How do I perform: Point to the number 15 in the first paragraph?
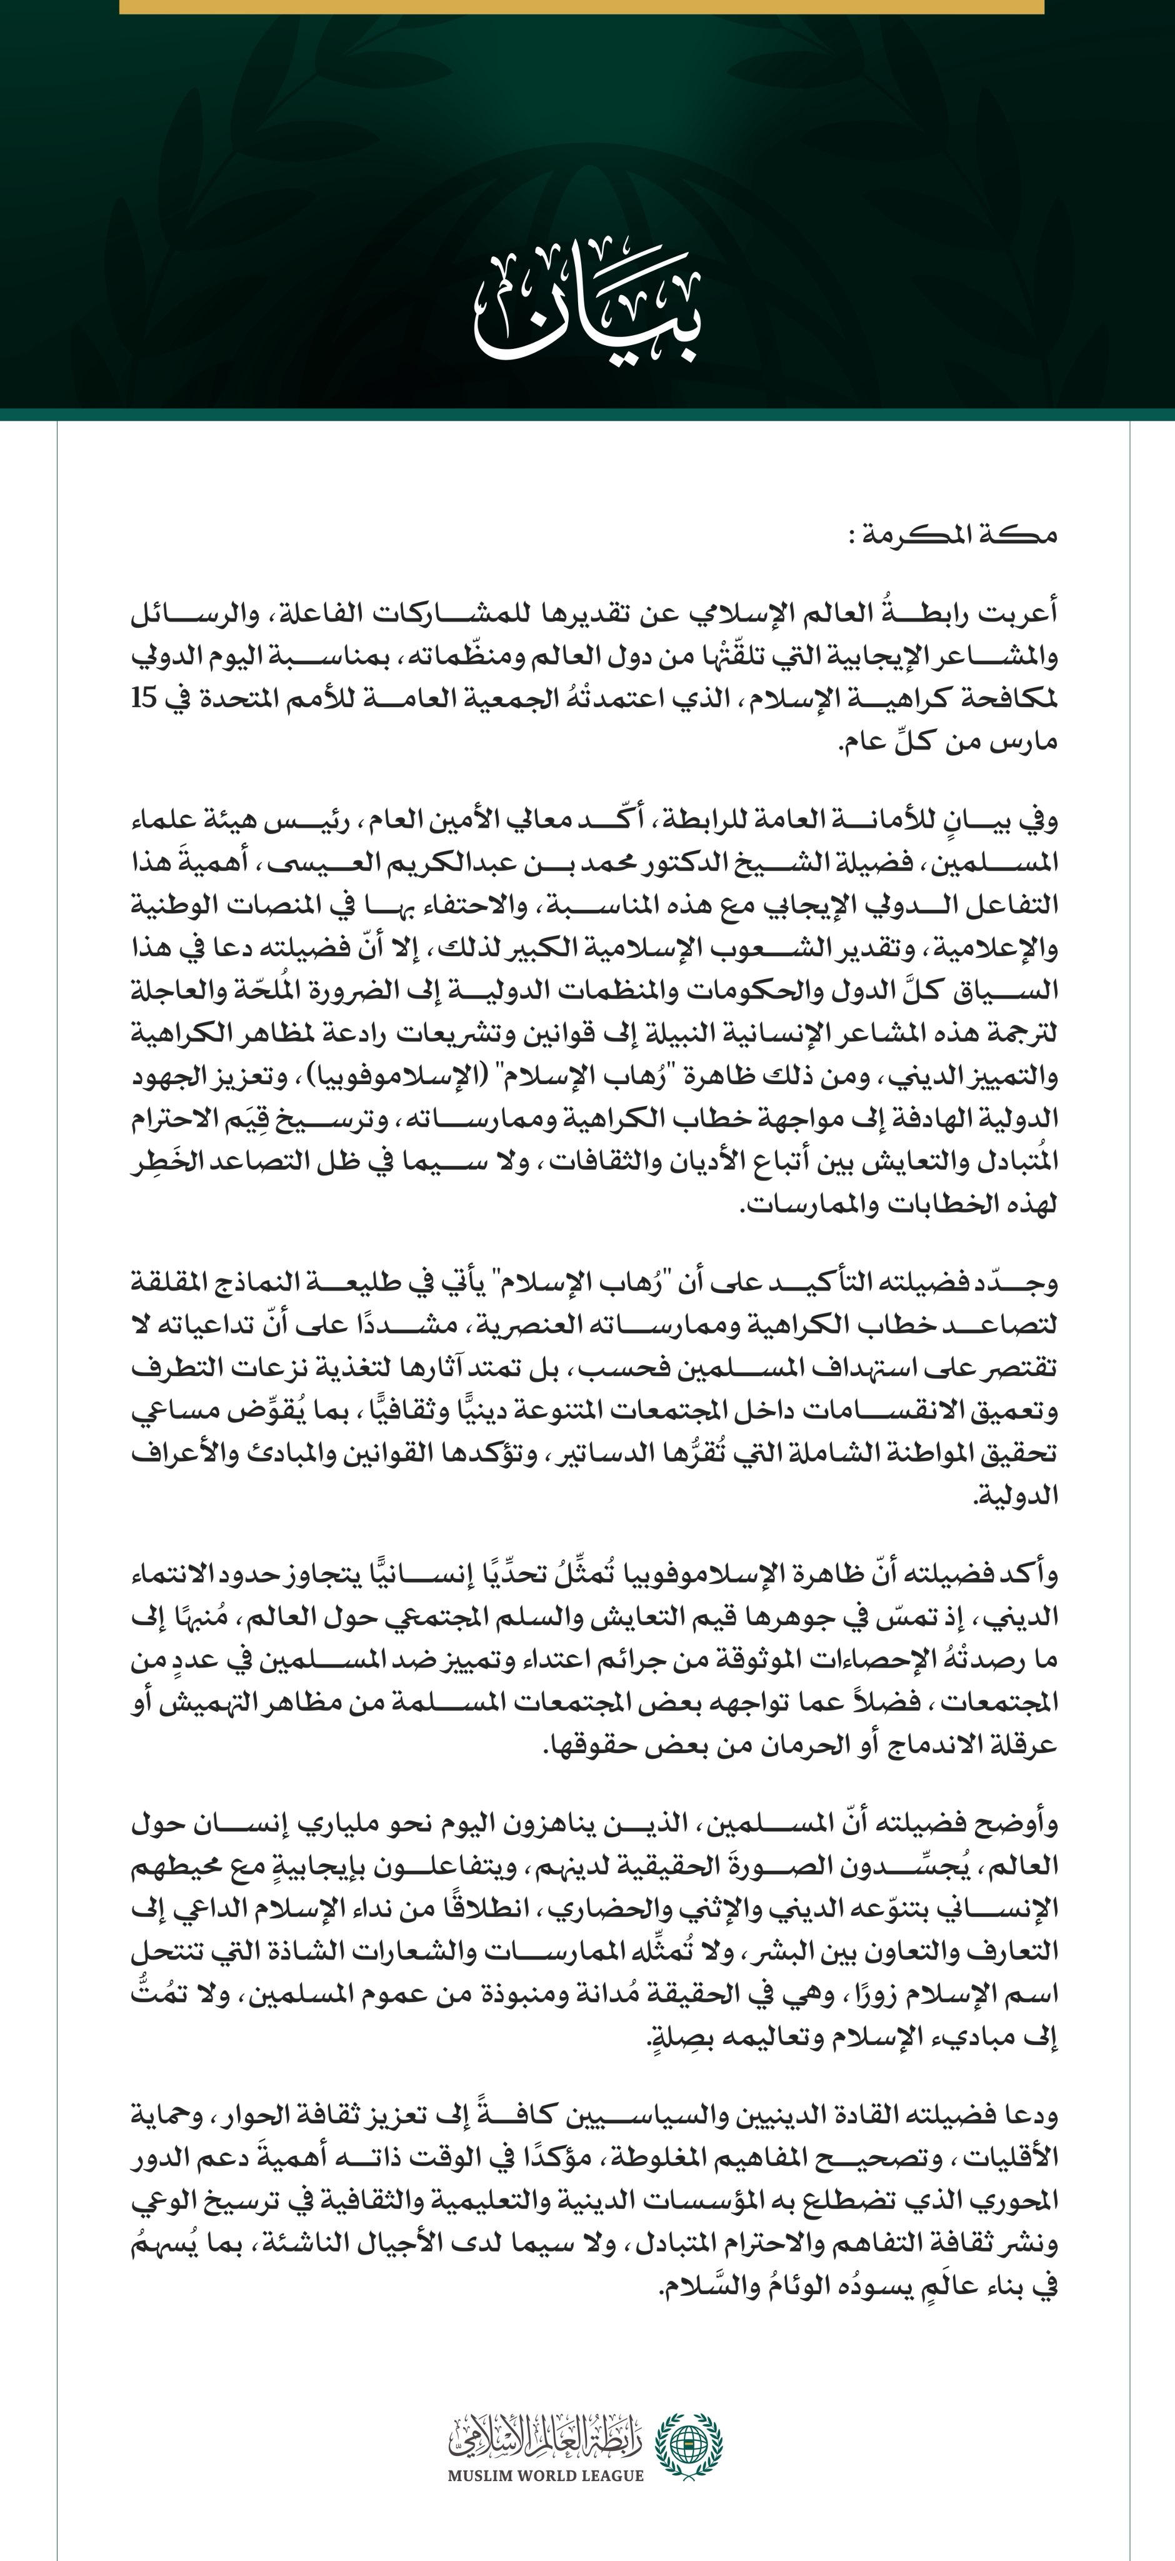(x=144, y=699)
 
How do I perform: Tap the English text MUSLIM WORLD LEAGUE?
(x=545, y=2475)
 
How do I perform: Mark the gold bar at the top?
(x=581, y=6)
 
